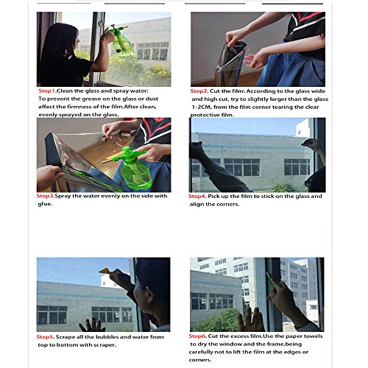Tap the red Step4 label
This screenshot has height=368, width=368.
tap(199, 197)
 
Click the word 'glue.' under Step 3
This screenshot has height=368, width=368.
tap(46, 204)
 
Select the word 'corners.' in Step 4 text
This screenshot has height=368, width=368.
tap(232, 205)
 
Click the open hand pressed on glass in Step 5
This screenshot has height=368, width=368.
tap(93, 325)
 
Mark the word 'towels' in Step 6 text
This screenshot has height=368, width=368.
tap(309, 336)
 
